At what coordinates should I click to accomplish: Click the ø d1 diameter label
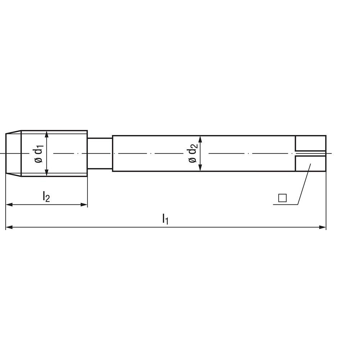(x=39, y=154)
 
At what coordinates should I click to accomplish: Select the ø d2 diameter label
(x=193, y=154)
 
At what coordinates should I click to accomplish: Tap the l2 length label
(x=46, y=197)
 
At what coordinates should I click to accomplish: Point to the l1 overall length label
(x=165, y=219)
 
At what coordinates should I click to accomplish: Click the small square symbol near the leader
(x=282, y=198)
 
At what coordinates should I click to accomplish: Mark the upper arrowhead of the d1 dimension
(x=46, y=134)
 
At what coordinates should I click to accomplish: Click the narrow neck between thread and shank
(x=100, y=153)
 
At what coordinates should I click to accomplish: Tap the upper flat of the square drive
(x=310, y=143)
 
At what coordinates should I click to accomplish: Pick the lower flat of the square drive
(x=310, y=164)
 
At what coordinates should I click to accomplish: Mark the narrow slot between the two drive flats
(x=310, y=154)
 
